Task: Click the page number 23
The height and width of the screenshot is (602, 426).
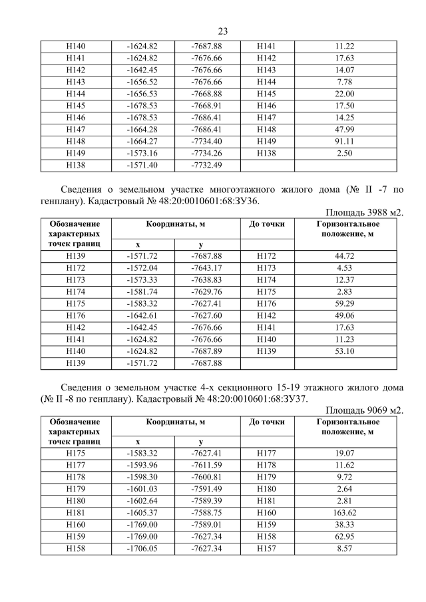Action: (x=222, y=31)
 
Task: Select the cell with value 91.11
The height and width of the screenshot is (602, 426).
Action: (x=345, y=140)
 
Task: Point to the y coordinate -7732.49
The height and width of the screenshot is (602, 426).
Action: (x=206, y=164)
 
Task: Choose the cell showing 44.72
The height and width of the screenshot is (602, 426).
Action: (x=345, y=255)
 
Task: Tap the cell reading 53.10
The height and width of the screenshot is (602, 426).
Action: (x=345, y=351)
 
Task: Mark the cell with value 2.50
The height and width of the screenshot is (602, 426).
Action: (x=345, y=152)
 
